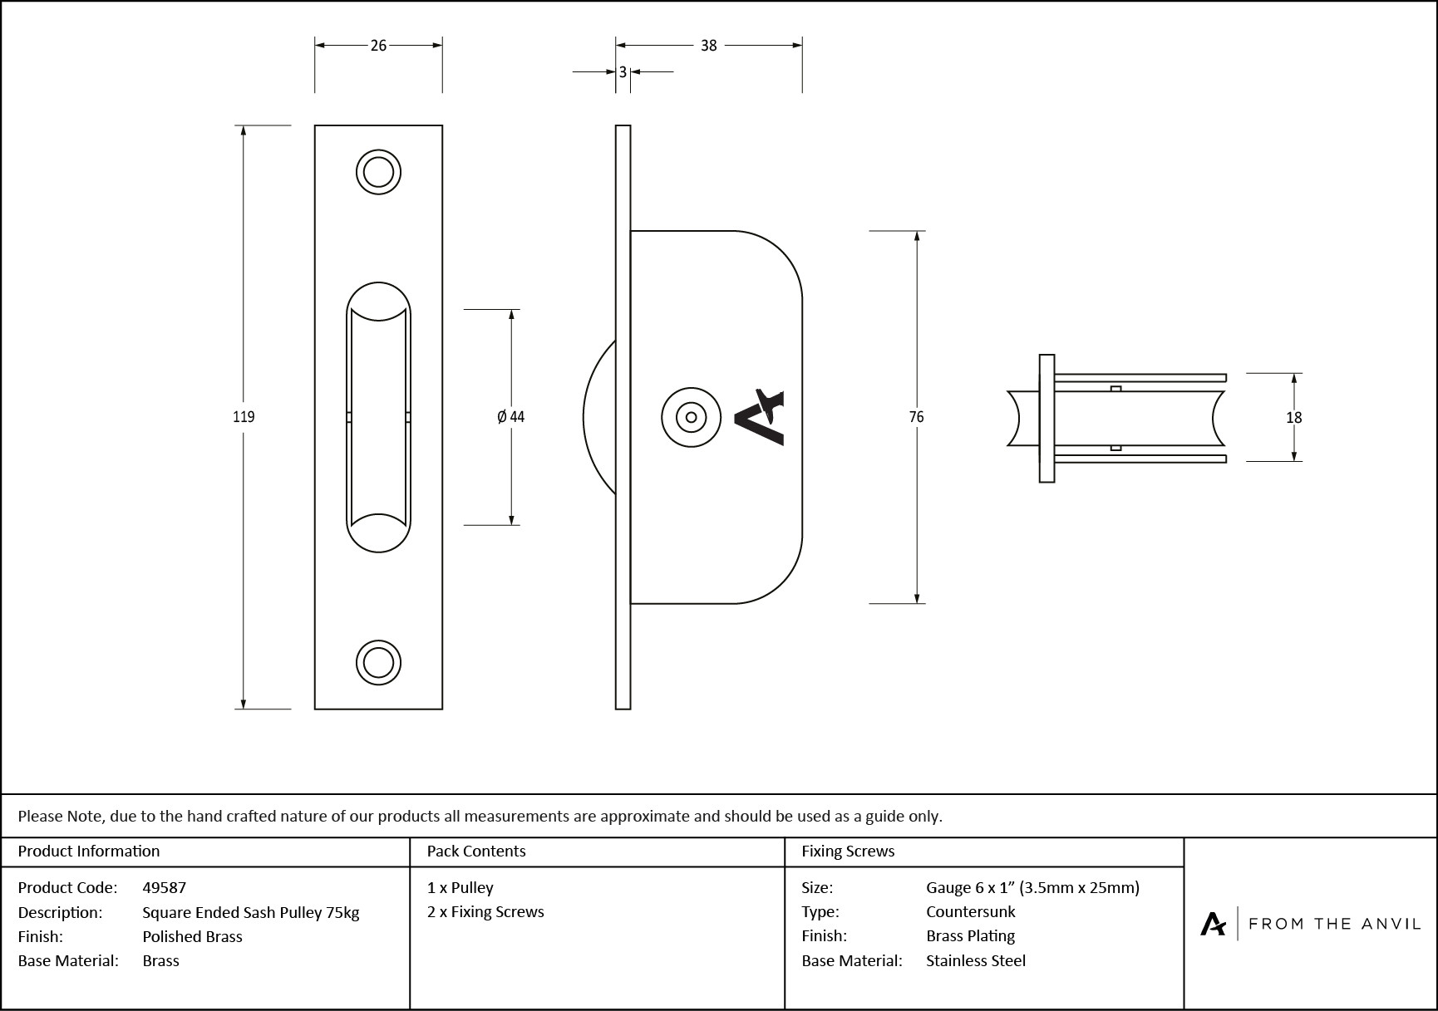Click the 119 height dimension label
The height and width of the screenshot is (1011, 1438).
pos(244,417)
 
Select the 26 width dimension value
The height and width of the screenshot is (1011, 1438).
pos(378,46)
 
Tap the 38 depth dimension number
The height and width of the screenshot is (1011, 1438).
pos(708,46)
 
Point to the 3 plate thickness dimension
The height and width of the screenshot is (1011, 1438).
pos(623,72)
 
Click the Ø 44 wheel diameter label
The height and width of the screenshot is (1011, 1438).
pos(510,417)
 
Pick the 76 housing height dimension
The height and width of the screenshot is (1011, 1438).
pos(916,417)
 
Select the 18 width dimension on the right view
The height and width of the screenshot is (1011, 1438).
pos(1293,418)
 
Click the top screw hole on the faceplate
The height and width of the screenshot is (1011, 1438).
pos(378,173)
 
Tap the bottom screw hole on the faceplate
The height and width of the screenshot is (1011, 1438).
pos(378,663)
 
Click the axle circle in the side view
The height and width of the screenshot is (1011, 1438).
pos(691,417)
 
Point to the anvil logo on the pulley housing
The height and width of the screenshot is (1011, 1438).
pos(759,417)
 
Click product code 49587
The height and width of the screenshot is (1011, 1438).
pos(164,887)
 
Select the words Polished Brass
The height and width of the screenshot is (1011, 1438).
pos(192,936)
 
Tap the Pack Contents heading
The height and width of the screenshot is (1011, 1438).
pos(475,851)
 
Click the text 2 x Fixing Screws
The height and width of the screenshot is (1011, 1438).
pos(485,911)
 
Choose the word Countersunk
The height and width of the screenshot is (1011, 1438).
pos(970,911)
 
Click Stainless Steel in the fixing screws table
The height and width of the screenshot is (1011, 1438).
pos(975,960)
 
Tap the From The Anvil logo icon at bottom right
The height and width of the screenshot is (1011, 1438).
pos(1213,924)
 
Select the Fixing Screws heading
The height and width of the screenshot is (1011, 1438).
pos(847,851)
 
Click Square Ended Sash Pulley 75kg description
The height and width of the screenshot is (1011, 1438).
pos(250,912)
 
